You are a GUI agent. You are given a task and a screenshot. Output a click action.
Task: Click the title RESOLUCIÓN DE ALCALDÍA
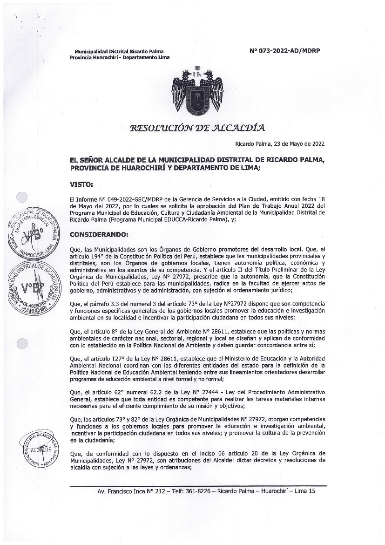pyautogui.click(x=198, y=128)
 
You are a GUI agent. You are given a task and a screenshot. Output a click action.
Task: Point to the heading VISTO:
pyautogui.click(x=81, y=184)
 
